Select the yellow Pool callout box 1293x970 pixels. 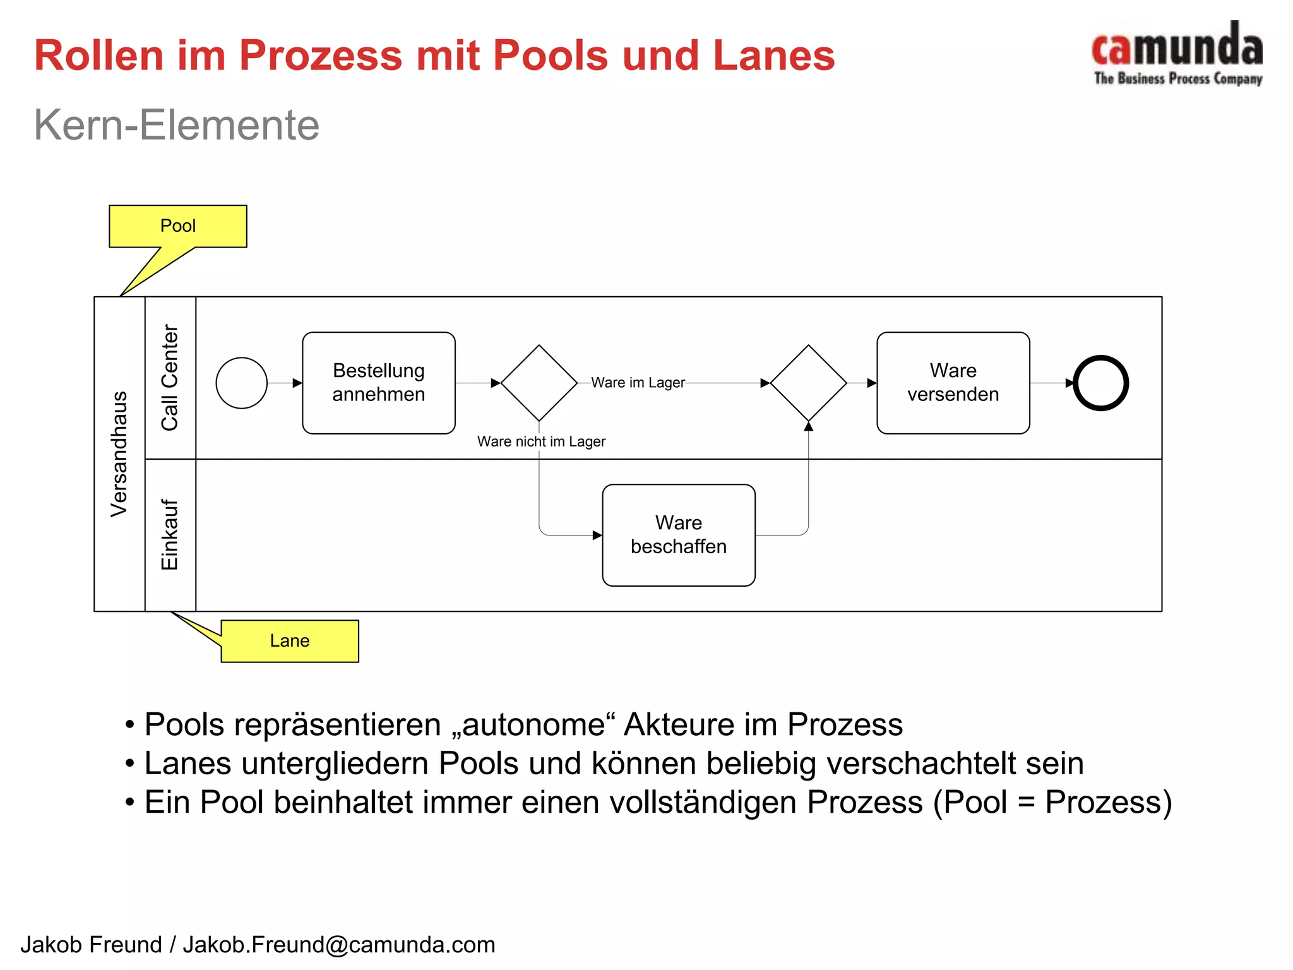178,226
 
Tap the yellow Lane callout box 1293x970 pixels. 290,641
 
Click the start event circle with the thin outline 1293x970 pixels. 241,383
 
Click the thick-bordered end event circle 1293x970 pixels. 1100,383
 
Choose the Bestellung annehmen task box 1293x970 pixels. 379,383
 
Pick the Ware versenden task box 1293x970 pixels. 953,383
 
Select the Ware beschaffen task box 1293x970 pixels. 679,535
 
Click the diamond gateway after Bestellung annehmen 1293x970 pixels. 539,383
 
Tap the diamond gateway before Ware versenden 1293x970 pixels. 808,383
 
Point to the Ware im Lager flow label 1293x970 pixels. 638,383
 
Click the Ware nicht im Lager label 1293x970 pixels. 541,441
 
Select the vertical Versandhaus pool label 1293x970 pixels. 119,454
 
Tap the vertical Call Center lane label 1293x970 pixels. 170,378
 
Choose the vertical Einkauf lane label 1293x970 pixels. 170,535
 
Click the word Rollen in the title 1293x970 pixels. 99,56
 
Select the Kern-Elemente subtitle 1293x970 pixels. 176,124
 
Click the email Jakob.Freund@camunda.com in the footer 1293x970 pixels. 339,945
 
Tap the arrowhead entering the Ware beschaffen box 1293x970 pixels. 597,536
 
